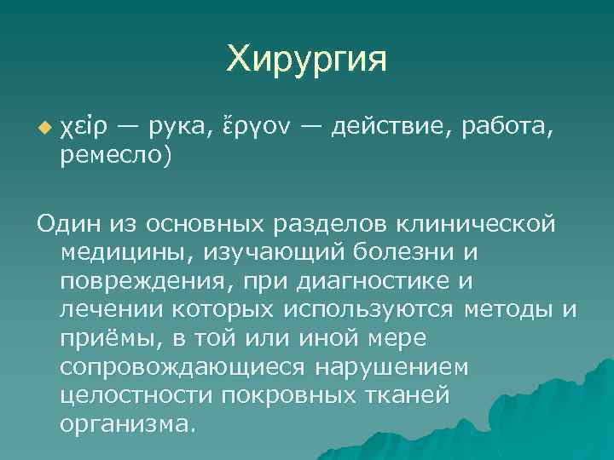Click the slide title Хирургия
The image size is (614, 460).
click(x=307, y=60)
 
